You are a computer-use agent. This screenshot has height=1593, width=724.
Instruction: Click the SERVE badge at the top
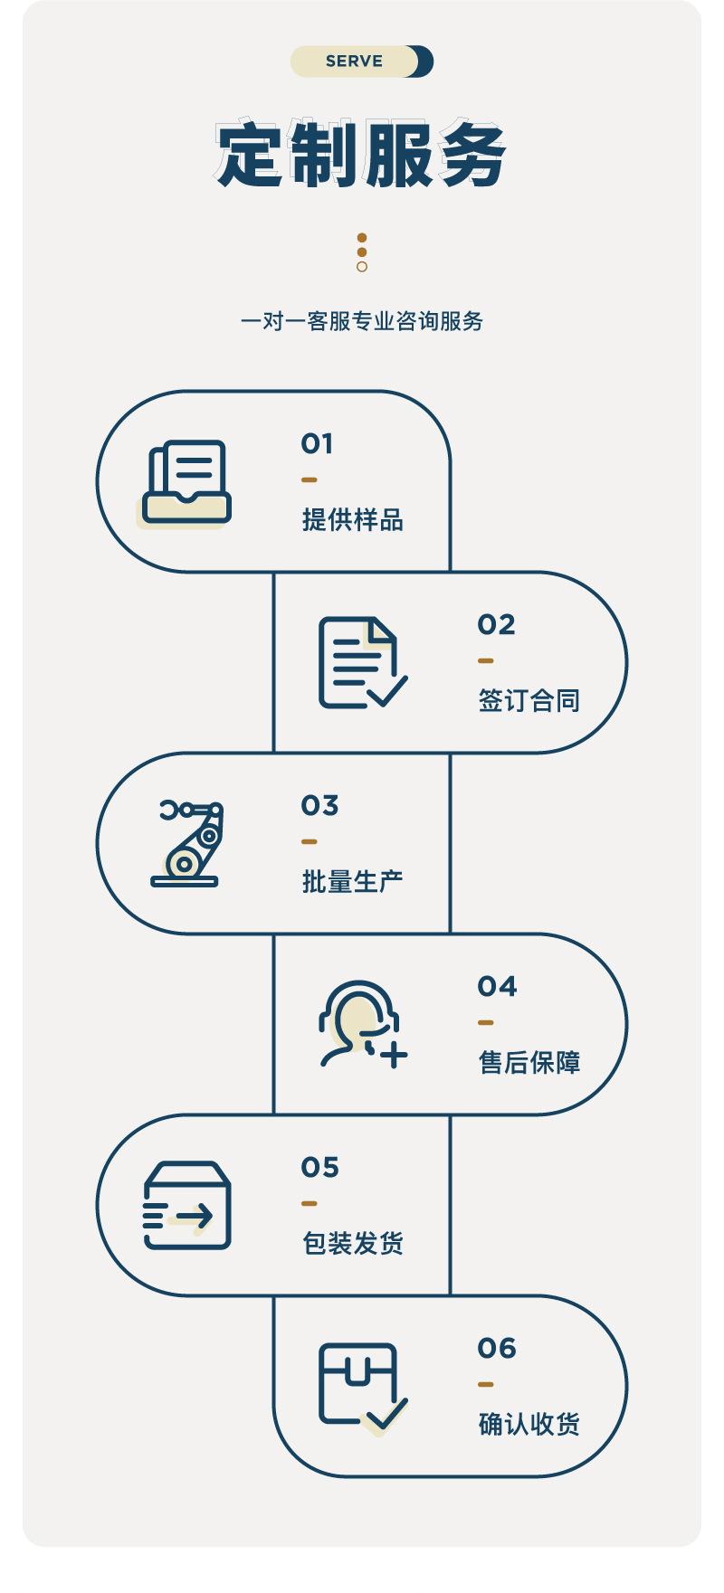pyautogui.click(x=361, y=62)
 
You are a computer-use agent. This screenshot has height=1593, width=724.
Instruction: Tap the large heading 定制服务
pyautogui.click(x=361, y=154)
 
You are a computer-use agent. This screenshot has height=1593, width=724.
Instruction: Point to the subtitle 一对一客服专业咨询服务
pyautogui.click(x=361, y=321)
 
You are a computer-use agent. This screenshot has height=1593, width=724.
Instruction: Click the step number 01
pyautogui.click(x=317, y=443)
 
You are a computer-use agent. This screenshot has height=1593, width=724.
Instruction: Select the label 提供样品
pyautogui.click(x=352, y=520)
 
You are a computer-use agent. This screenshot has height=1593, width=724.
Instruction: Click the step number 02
pyautogui.click(x=496, y=624)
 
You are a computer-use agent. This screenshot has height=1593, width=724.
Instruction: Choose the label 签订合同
pyautogui.click(x=529, y=701)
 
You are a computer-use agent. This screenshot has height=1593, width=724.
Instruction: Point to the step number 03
pyautogui.click(x=319, y=805)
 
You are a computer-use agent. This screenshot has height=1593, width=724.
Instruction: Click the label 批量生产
pyautogui.click(x=352, y=882)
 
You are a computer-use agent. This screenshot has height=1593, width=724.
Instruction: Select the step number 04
pyautogui.click(x=497, y=986)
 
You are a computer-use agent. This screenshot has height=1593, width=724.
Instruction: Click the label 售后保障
pyautogui.click(x=529, y=1063)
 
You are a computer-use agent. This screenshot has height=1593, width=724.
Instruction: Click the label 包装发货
pyautogui.click(x=352, y=1244)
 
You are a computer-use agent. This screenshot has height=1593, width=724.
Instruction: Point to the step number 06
pyautogui.click(x=497, y=1348)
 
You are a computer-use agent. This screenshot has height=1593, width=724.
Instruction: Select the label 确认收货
pyautogui.click(x=529, y=1425)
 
